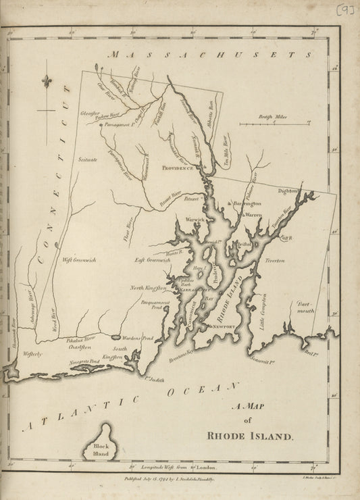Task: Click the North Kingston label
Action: click(x=147, y=289)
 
